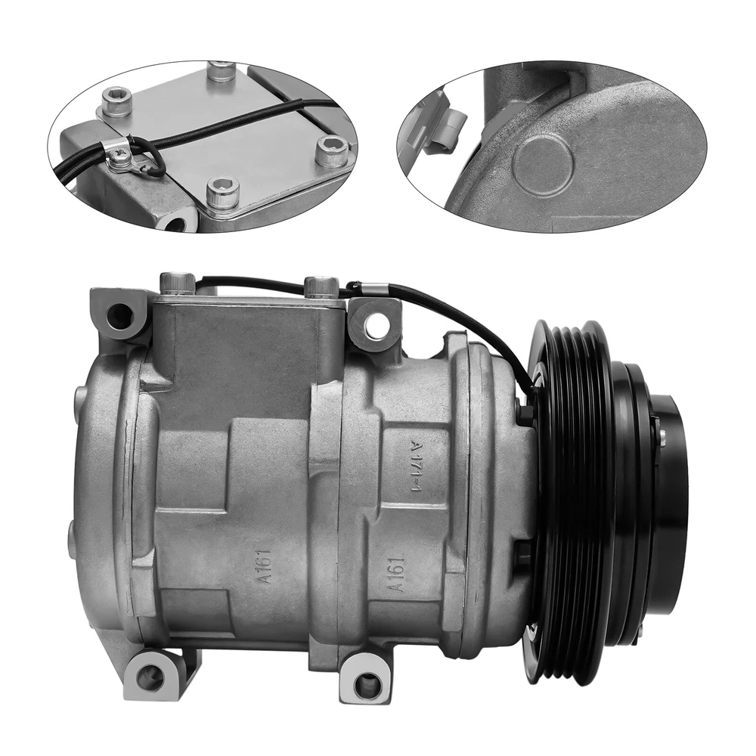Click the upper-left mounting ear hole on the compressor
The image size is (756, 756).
[119, 316]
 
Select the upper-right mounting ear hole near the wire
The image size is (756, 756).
[376, 326]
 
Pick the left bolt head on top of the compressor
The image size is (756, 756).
[177, 283]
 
